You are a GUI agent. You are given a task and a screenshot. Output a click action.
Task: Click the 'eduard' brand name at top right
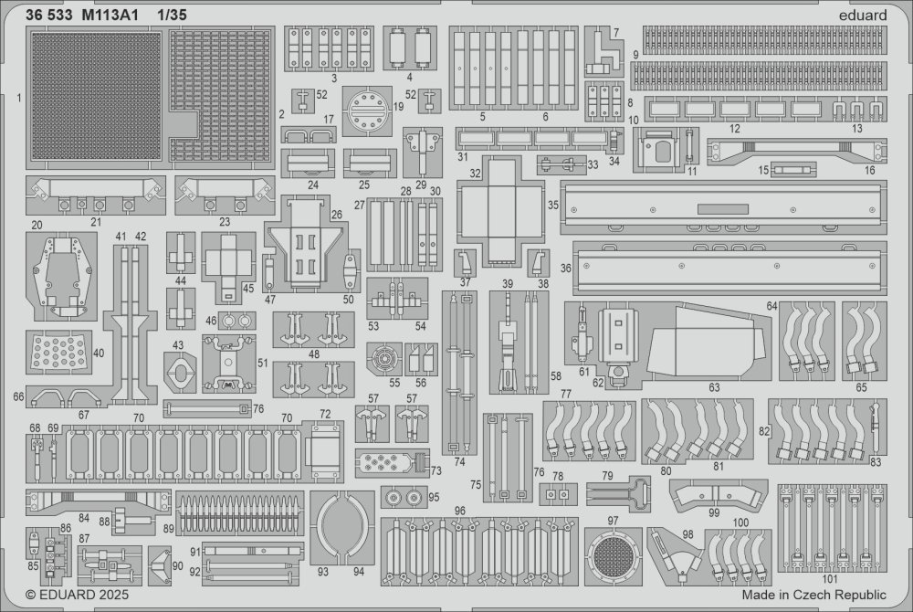(863, 16)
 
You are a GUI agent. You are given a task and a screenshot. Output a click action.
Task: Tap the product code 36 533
(49, 16)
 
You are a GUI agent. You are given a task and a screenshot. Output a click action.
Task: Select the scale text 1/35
(172, 16)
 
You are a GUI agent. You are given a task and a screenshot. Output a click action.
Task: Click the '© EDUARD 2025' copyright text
(78, 596)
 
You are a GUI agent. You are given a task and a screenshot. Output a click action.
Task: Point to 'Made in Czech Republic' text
(814, 596)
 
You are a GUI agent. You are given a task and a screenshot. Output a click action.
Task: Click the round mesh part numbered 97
(613, 554)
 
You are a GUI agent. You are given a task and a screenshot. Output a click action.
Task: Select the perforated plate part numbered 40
(58, 351)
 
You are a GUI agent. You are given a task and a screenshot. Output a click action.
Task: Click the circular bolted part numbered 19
(367, 111)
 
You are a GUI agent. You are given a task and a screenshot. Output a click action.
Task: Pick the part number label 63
(715, 387)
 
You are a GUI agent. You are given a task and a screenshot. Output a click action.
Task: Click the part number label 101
(830, 579)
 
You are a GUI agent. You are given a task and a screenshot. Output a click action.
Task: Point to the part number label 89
(168, 528)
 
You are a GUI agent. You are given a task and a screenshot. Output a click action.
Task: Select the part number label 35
(553, 205)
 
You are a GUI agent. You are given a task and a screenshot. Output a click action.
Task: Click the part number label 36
(566, 268)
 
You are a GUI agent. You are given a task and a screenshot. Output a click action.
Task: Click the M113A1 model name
(110, 16)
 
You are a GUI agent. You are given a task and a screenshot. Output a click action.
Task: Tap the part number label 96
(460, 511)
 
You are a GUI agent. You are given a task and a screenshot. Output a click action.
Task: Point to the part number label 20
(37, 225)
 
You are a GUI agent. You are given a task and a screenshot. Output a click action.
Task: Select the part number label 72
(325, 414)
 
